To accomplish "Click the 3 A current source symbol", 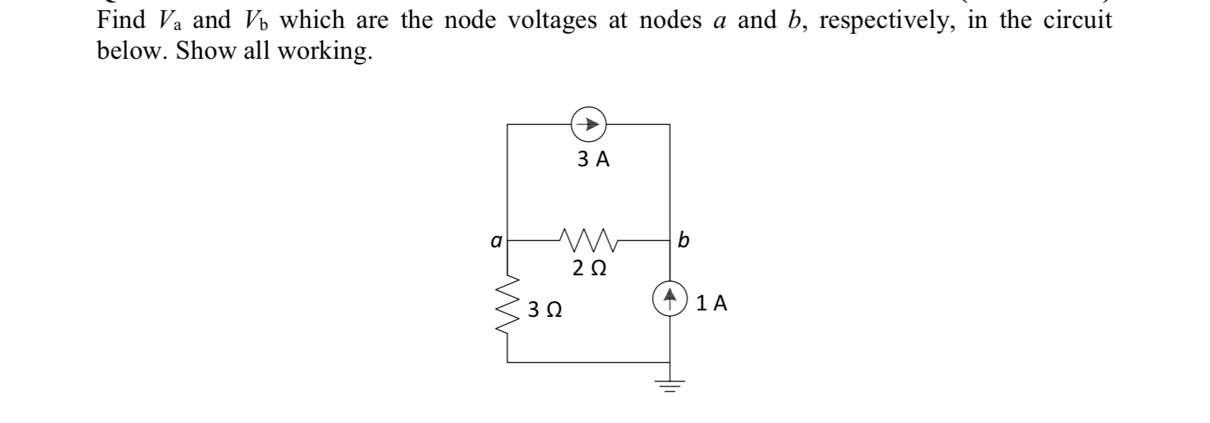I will point(589,125).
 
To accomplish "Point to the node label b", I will point(684,239).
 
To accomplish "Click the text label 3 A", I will point(593,159).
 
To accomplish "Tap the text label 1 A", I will point(712,304).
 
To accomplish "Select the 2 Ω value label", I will point(590,268).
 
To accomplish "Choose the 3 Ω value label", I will point(544,310).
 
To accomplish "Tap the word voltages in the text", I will point(552,21).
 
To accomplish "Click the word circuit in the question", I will point(1077,20).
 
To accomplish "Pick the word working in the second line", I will point(324,52).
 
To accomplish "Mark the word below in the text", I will point(132,51).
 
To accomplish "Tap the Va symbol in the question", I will point(171,21).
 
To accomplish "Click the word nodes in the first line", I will point(670,21).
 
